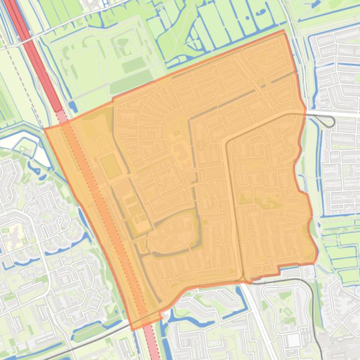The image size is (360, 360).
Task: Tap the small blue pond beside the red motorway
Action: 73,107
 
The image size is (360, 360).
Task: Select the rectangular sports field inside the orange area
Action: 111,166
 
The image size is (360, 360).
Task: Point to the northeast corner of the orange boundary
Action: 283,31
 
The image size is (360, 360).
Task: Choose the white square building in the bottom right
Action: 293,340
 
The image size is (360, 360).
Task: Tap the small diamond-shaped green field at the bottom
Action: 287,311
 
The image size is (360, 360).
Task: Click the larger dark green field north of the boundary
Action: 131,82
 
